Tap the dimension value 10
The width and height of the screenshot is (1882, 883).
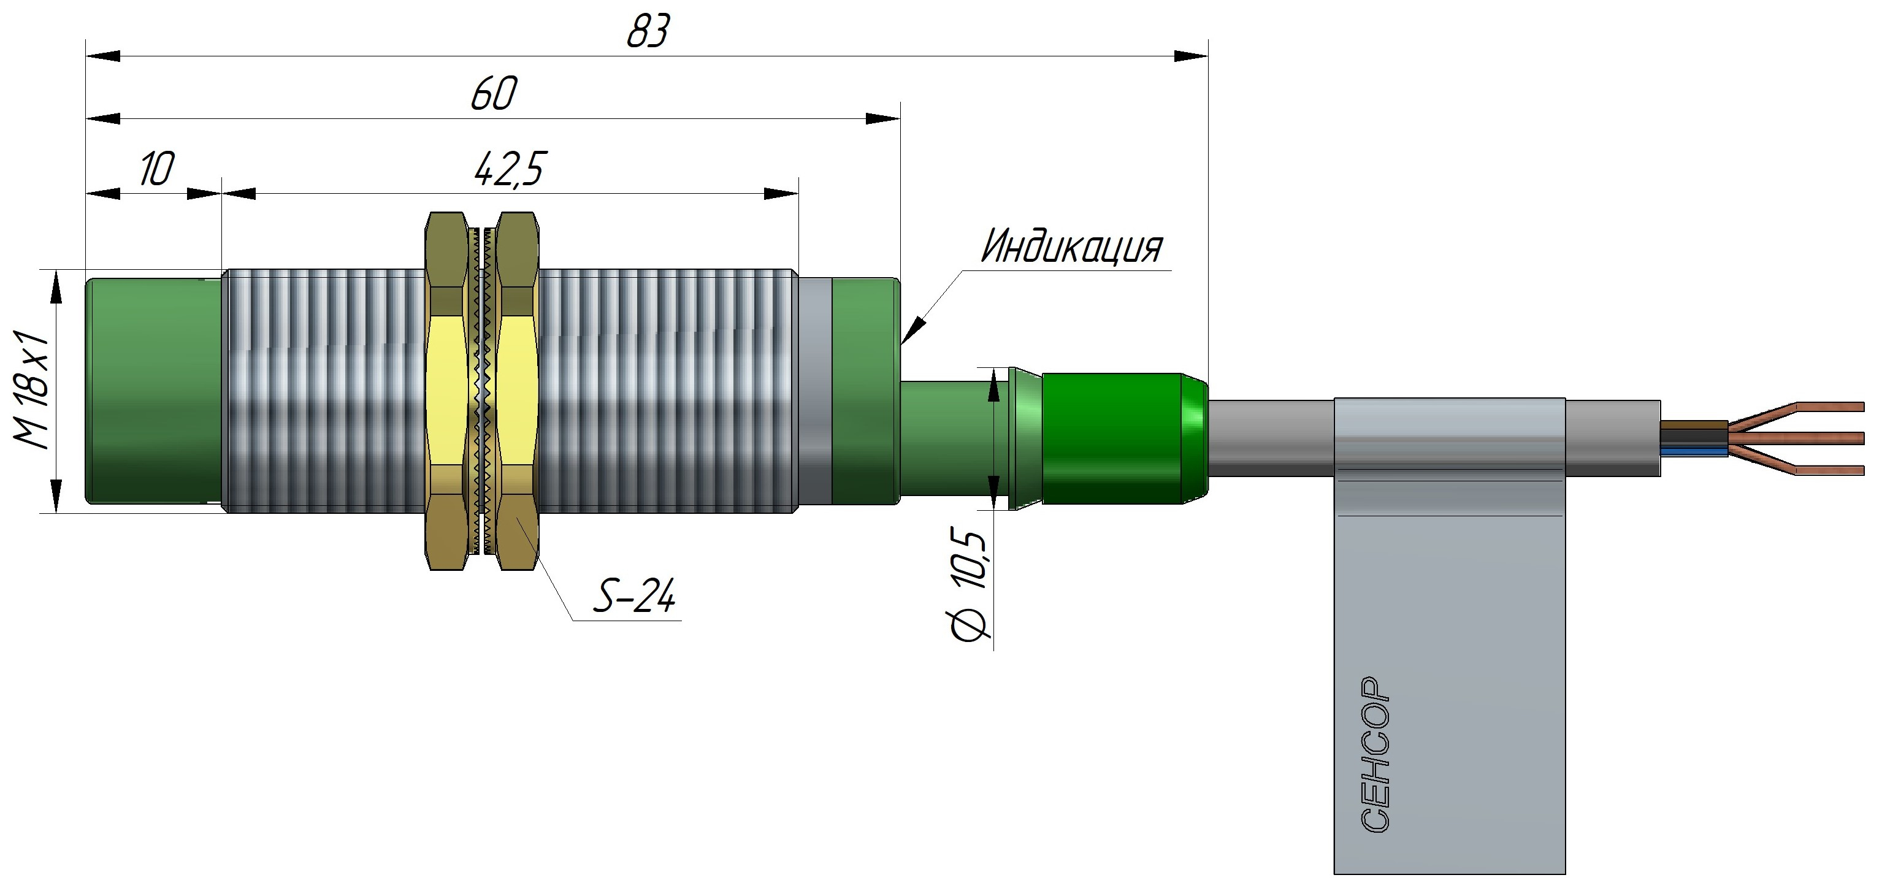[x=156, y=169]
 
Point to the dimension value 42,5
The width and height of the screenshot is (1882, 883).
[x=509, y=169]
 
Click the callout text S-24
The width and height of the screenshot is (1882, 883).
[x=633, y=597]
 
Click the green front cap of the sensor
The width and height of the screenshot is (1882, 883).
[x=153, y=391]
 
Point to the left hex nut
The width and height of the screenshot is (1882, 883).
[x=446, y=391]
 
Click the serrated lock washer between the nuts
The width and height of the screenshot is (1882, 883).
[x=481, y=391]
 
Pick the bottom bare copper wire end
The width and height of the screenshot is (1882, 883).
[x=1834, y=470]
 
